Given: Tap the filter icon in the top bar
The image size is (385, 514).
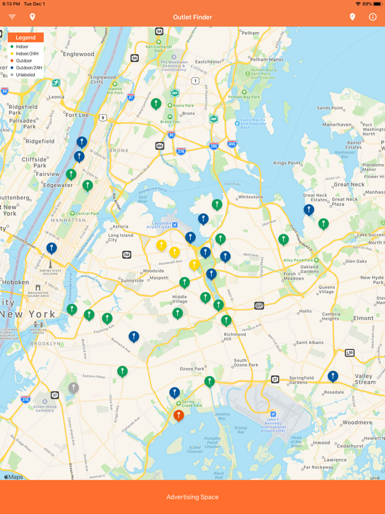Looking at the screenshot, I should point(12,17).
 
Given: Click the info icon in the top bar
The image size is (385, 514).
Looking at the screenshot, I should point(373,17).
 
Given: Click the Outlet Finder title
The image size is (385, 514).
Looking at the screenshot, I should point(193,17).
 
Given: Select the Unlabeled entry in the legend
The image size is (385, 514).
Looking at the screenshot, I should point(25,75).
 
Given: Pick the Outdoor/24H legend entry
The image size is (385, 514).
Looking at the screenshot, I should point(28,68).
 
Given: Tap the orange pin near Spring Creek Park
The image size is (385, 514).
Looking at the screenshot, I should point(179,415).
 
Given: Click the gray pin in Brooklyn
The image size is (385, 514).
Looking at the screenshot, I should point(74,388).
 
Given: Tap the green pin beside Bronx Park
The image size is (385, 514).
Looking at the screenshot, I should point(156,103).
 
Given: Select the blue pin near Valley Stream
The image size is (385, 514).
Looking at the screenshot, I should point(333,376).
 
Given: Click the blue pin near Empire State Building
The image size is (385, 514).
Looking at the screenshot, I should point(52,248).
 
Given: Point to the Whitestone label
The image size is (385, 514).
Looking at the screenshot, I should point(250,196).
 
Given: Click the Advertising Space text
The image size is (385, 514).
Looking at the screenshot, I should point(193,497).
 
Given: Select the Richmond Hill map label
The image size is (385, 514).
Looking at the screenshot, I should point(235,337).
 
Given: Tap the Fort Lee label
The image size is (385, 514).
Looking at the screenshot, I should point(76,115).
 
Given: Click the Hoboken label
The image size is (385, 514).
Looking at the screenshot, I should point(15,281).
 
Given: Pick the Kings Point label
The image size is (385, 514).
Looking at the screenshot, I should point(287,163).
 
